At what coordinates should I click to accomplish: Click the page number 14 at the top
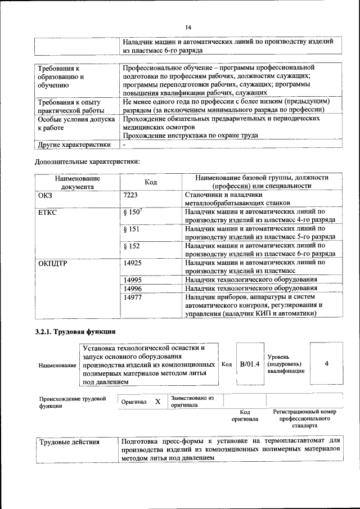coord(188,28)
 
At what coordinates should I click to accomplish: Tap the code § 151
coord(130,229)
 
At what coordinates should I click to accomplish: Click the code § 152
coord(130,246)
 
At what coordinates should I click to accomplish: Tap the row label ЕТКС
coord(48,212)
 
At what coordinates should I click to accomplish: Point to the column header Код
coord(151,182)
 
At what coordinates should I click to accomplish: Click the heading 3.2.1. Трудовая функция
coord(75,331)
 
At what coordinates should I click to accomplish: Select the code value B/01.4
coord(249,364)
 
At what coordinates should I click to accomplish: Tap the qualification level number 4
coord(326,364)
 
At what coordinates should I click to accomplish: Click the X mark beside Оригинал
coord(157,402)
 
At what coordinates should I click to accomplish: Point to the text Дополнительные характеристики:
coord(87,163)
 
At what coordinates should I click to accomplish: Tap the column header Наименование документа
coord(78,182)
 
